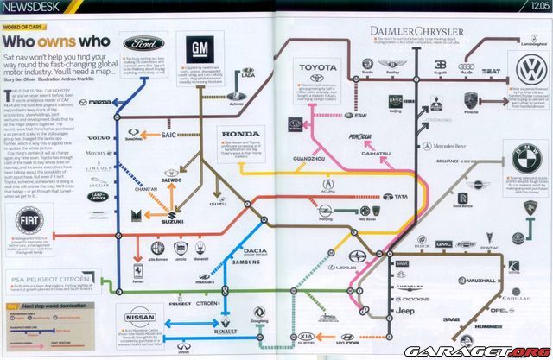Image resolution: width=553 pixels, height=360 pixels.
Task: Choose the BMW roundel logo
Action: click(526, 161)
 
